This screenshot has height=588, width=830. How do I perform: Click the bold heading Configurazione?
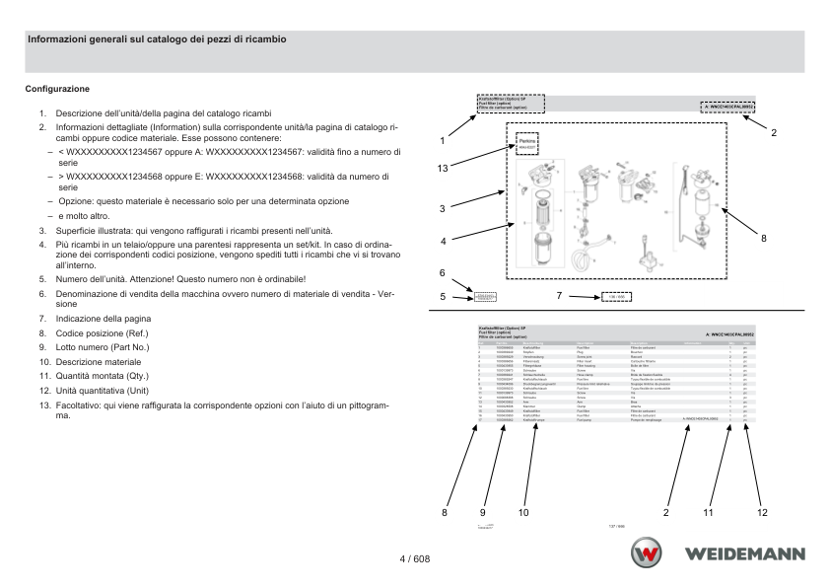coord(59,89)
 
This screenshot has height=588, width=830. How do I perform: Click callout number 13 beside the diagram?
coord(444,168)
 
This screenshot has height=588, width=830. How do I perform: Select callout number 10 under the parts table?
coord(522,512)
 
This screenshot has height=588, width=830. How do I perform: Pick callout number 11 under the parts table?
coord(708,512)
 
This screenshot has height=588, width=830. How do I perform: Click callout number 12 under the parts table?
coord(762,512)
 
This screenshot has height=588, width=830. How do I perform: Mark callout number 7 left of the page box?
coord(559,295)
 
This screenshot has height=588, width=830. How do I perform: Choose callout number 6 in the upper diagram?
coord(443,272)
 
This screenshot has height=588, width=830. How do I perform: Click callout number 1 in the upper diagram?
coord(443,141)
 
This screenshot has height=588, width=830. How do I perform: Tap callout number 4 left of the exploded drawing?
coord(444,240)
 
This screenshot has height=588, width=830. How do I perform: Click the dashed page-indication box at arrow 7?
coord(616,296)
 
